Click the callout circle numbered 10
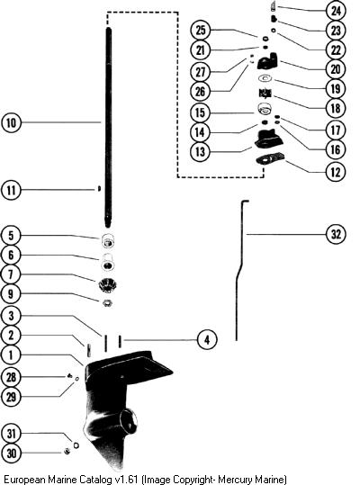click(x=11, y=122)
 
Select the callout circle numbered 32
click(x=336, y=234)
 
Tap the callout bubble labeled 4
click(x=207, y=339)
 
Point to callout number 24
click(x=336, y=11)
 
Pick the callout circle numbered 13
click(x=201, y=152)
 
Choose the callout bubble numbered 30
click(x=11, y=454)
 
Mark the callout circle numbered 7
click(x=11, y=274)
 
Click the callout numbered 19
click(x=336, y=89)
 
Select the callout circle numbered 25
click(x=201, y=30)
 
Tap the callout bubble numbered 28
click(x=11, y=377)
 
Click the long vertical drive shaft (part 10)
click(x=108, y=128)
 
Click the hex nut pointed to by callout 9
click(x=107, y=303)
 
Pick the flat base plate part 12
click(x=270, y=159)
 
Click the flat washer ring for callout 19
click(x=265, y=79)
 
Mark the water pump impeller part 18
click(x=265, y=93)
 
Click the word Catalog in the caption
click(x=95, y=480)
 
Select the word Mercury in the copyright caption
click(x=234, y=480)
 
